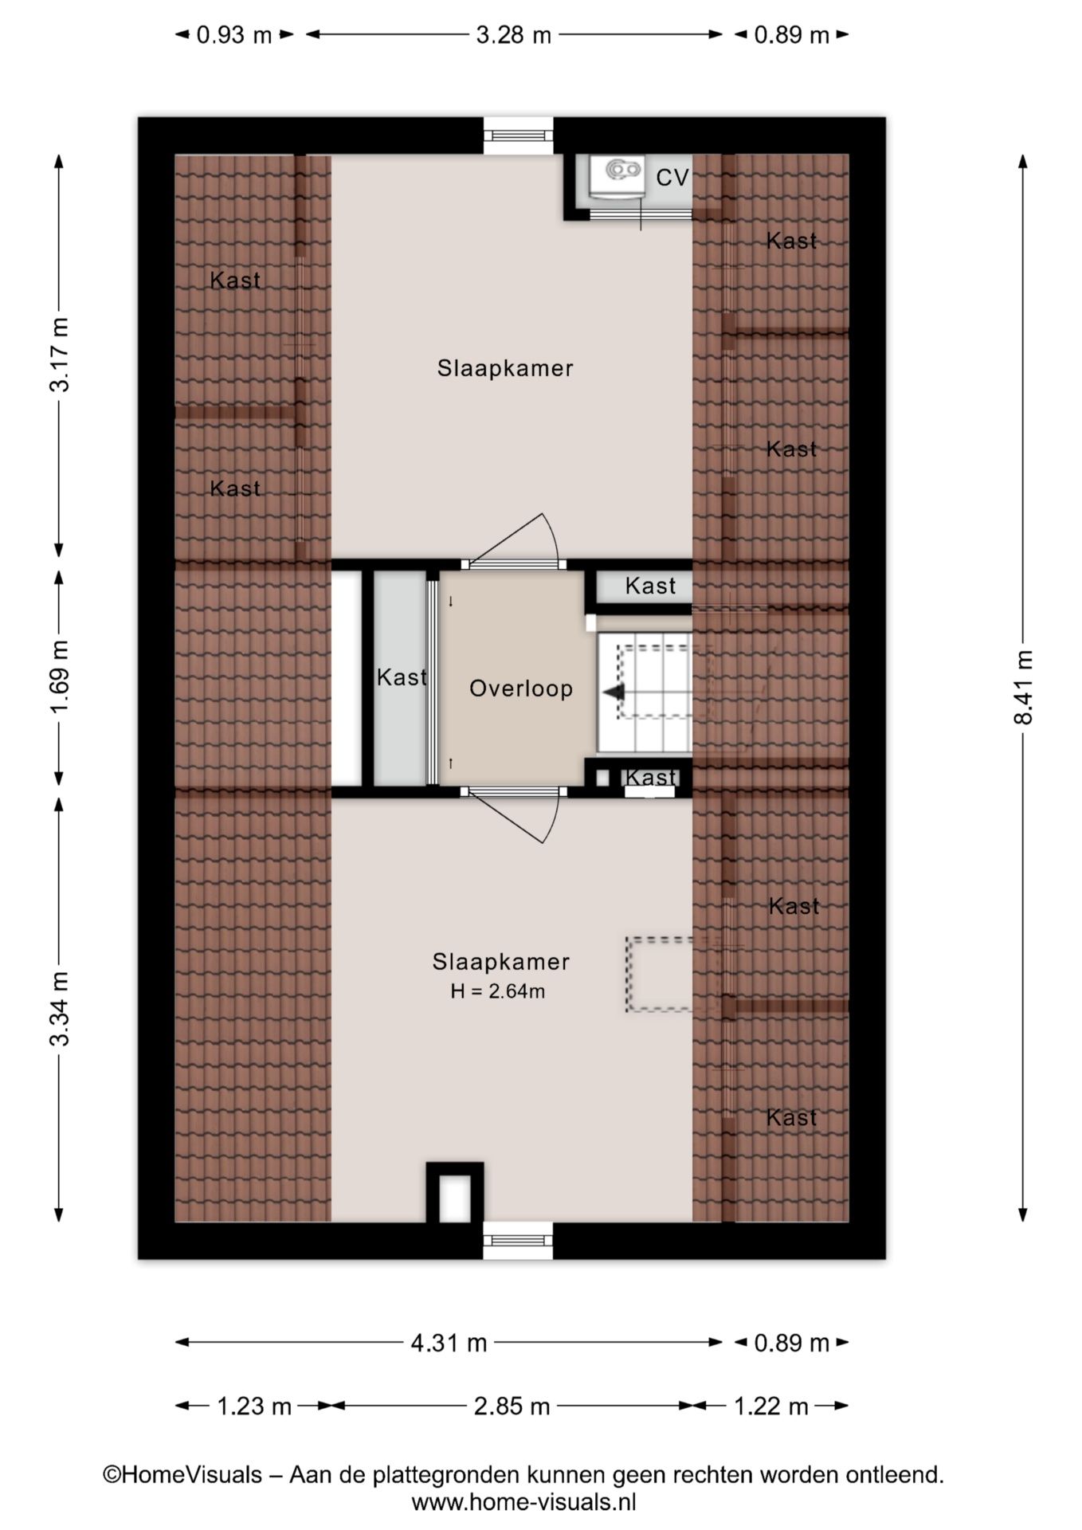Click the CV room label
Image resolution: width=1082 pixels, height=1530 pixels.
672,177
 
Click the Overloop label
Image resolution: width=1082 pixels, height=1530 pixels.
521,688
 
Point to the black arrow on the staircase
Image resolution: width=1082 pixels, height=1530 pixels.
614,692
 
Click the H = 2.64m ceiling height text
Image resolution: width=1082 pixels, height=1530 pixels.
498,991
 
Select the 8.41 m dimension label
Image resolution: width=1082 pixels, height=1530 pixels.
1023,687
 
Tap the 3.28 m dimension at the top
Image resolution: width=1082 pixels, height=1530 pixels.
514,35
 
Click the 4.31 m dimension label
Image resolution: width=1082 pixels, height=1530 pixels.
449,1343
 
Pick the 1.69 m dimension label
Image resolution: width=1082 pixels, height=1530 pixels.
61,677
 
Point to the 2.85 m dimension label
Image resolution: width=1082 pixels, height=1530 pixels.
512,1406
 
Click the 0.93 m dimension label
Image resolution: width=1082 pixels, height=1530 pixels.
234,35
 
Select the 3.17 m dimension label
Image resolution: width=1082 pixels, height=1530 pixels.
61,355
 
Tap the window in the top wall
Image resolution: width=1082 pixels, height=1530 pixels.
519,135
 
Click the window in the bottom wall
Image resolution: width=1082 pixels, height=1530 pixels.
519,1240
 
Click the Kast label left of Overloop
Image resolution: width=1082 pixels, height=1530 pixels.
402,677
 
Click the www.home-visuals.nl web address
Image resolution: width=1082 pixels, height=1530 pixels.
523,1502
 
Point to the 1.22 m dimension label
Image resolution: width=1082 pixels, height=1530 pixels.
770,1406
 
